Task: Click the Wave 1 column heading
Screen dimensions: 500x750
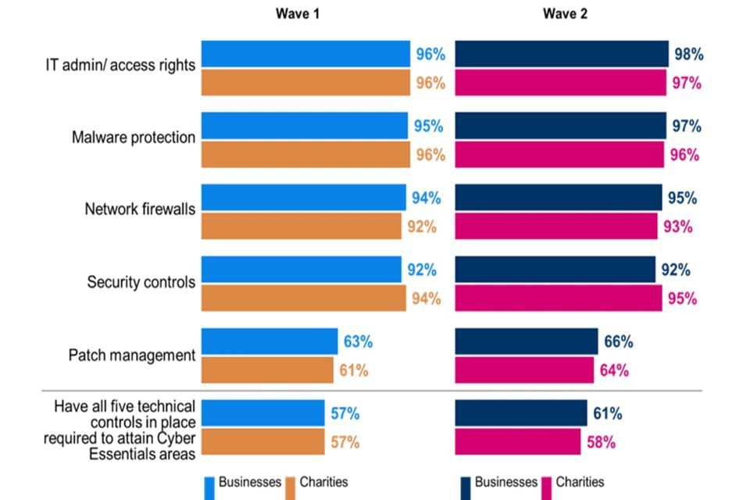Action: (296, 14)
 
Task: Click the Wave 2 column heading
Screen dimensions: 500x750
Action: (560, 14)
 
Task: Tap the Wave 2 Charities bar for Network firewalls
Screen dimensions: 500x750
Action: (556, 227)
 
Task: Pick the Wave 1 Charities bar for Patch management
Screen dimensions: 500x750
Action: (267, 370)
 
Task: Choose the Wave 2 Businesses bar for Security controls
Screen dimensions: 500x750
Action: (555, 270)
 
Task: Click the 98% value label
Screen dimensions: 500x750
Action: (688, 55)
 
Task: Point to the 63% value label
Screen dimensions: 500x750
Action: (358, 342)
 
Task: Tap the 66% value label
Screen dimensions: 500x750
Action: (618, 342)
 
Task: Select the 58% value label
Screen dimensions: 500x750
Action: (600, 442)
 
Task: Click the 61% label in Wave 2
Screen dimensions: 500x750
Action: (607, 413)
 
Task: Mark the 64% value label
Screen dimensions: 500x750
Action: (613, 370)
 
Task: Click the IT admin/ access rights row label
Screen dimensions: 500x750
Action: (120, 66)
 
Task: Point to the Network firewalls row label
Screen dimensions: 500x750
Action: (140, 209)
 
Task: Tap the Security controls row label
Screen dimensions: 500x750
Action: (141, 282)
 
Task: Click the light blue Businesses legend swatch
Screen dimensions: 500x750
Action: (209, 485)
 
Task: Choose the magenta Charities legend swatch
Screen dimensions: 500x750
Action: (546, 485)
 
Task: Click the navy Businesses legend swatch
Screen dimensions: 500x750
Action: (466, 485)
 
